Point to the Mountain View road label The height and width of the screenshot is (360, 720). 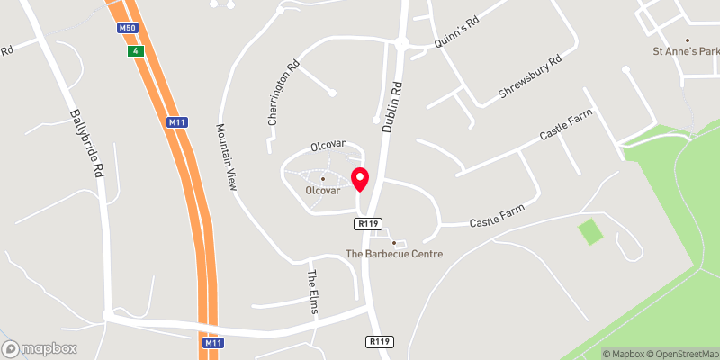pos(226,156)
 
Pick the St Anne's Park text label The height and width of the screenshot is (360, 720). pos(686,52)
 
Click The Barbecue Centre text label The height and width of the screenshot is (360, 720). pos(395,255)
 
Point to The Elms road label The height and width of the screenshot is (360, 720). pos(314,286)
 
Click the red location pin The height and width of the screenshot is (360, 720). pos(360,178)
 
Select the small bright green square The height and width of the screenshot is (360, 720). pos(590,231)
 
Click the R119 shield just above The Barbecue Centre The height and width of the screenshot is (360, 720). pos(366,224)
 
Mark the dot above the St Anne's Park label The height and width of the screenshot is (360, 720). pos(688,40)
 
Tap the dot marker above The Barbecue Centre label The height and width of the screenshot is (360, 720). pos(393,243)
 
